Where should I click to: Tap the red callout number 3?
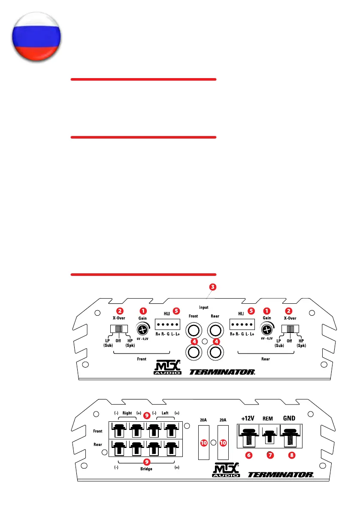coord(213,286)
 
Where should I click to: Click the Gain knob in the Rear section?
coord(267,330)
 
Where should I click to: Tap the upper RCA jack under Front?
coord(194,331)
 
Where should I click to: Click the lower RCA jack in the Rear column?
coord(215,352)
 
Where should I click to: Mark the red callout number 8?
coord(292,456)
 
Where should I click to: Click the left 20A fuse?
coord(204,442)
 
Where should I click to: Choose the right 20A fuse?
coord(223,442)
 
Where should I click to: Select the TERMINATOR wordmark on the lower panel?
coord(281,475)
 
